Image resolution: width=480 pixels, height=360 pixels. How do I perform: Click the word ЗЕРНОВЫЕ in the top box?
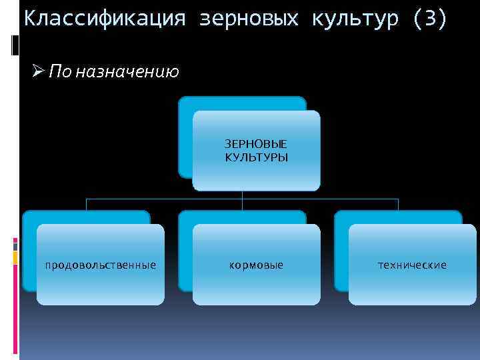257,144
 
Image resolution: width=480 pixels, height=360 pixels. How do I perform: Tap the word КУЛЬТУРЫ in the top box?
257,157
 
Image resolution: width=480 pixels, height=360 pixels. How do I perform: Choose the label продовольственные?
101,265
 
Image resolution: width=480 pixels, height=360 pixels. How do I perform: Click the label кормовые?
257,265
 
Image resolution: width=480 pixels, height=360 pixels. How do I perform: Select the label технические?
413,265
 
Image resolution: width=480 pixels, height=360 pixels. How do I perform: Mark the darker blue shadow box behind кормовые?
185,253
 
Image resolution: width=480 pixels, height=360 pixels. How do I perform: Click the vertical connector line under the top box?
242,195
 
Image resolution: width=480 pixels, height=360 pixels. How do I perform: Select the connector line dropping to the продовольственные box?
86,204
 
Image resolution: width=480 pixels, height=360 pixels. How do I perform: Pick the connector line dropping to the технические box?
398,204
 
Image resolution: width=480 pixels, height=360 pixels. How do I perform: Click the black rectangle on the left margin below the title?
15,45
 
